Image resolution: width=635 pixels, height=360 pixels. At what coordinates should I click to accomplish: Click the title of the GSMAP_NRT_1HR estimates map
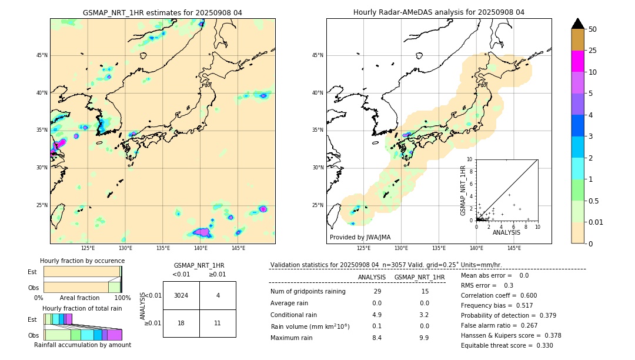click(162, 12)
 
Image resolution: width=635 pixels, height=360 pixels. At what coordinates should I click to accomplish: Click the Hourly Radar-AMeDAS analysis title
click(439, 12)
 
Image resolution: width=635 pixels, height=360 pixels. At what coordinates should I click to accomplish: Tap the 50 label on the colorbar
click(593, 29)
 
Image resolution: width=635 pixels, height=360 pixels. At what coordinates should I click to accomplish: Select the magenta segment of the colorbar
click(577, 61)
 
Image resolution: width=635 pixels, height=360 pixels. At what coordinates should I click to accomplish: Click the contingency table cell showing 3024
click(181, 295)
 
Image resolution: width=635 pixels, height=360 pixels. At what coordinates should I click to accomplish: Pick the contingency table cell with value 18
click(181, 323)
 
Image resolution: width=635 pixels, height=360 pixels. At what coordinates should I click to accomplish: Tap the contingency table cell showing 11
click(218, 323)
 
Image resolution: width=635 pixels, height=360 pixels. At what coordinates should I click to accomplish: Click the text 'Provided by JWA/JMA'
click(360, 237)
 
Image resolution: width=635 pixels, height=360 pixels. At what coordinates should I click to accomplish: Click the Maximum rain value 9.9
click(423, 338)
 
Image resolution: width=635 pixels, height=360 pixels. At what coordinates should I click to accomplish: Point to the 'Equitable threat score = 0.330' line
click(507, 345)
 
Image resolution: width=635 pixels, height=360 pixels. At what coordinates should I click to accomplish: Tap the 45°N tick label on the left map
click(42, 55)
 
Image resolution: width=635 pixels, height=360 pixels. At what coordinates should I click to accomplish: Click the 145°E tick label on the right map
click(514, 248)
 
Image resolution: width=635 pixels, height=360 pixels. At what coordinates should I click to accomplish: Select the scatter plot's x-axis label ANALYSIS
click(506, 232)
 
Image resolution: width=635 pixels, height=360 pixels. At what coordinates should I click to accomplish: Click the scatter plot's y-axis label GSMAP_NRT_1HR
click(463, 190)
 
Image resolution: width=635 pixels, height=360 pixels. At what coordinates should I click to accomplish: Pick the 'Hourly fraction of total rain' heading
click(82, 308)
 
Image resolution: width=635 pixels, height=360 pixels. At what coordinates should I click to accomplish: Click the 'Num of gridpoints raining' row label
click(308, 292)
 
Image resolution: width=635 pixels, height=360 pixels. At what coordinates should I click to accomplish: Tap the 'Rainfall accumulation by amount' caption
click(82, 345)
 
